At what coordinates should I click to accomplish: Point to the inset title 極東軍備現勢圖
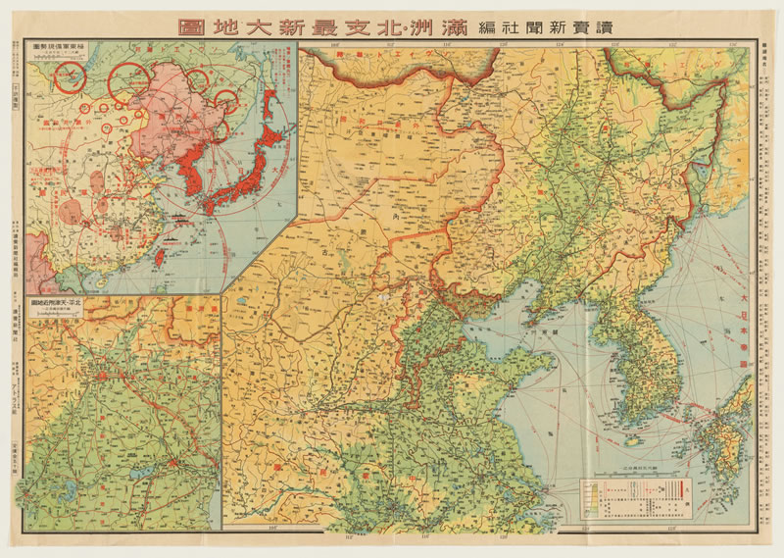click(x=58, y=48)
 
